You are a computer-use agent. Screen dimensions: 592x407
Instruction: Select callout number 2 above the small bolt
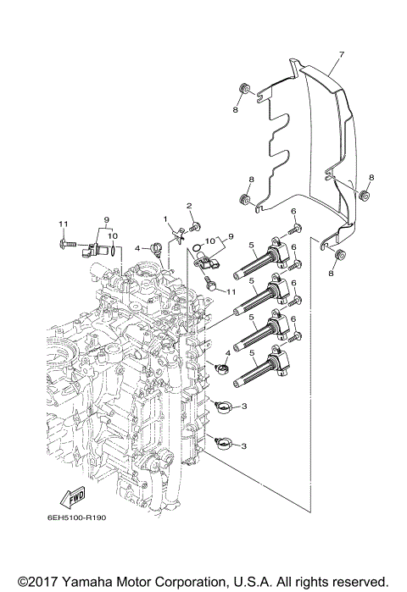pos(190,206)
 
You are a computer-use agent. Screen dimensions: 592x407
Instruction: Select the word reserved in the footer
pos(359,582)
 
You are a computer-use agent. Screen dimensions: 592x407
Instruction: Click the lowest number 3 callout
pos(244,445)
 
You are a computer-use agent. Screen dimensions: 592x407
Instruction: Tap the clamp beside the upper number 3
pos(222,407)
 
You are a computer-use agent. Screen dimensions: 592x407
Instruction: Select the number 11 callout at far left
pos(62,223)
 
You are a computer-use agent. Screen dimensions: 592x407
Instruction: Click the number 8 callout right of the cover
pos(371,177)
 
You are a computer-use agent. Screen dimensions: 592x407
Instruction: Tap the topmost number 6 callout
pos(293,211)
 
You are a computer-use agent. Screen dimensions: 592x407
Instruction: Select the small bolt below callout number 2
pos(196,227)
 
